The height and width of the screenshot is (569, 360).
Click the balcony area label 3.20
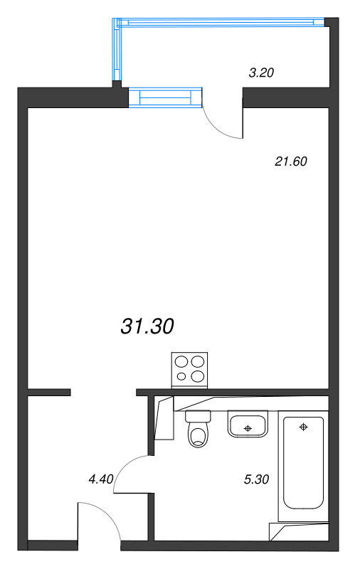point(261,73)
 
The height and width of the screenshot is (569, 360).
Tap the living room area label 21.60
point(291,161)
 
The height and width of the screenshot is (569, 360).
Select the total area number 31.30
point(147,326)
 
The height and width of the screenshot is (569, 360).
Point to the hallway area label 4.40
point(101,479)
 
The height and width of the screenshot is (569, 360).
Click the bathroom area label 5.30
point(257,479)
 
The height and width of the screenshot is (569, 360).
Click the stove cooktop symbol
point(189,370)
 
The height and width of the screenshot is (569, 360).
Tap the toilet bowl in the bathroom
point(198,435)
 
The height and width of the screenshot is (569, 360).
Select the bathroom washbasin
point(248,424)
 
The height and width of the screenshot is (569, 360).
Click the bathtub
point(303,463)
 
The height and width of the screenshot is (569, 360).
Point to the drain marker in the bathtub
point(303,427)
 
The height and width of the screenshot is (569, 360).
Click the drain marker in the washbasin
point(248,429)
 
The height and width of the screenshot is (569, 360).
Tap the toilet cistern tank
point(198,416)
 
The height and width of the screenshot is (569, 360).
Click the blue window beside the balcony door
point(165,97)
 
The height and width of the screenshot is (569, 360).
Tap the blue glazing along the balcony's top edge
point(221,23)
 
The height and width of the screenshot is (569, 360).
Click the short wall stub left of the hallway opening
point(49,393)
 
